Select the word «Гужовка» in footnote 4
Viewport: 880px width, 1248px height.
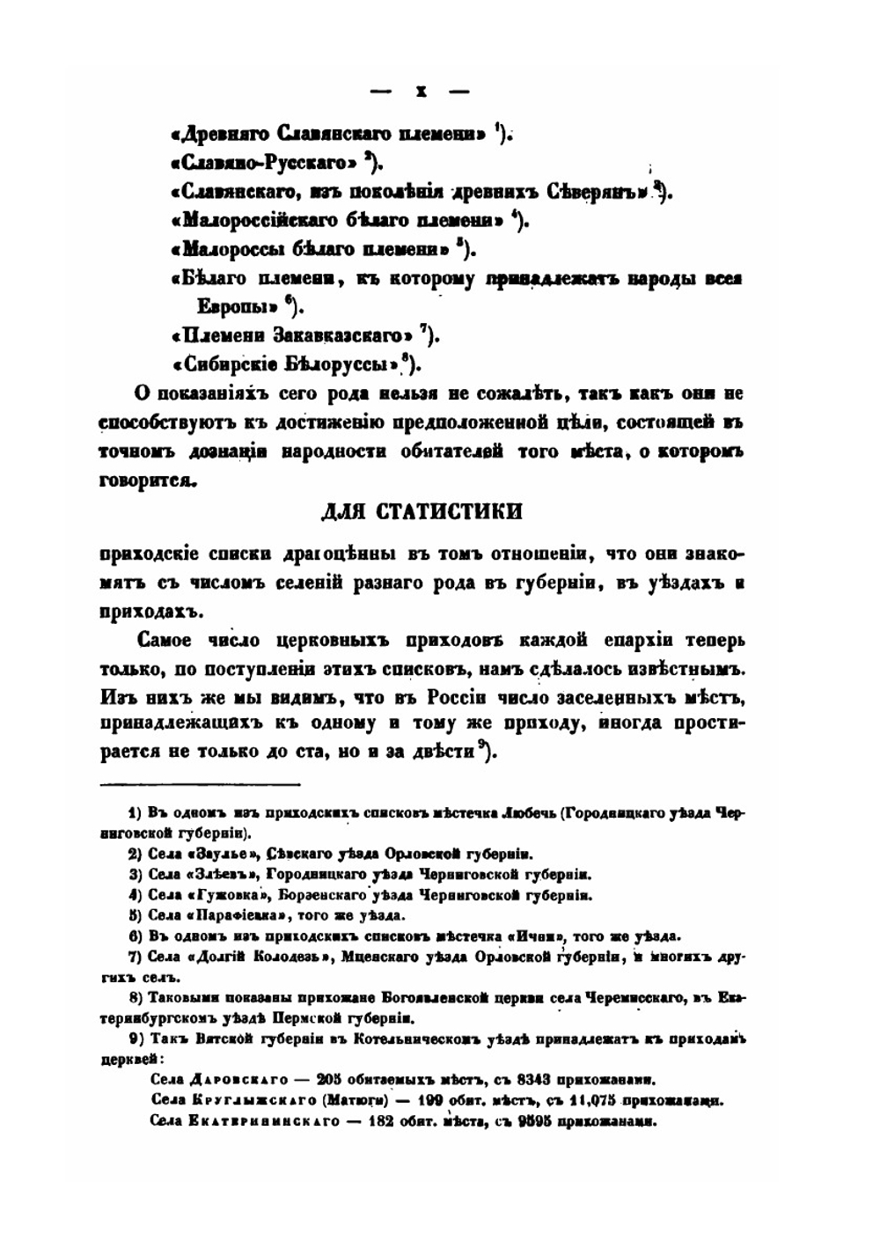pos(219,895)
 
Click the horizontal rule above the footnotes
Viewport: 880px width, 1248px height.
pos(201,784)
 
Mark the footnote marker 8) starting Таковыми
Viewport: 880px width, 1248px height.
pos(136,999)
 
